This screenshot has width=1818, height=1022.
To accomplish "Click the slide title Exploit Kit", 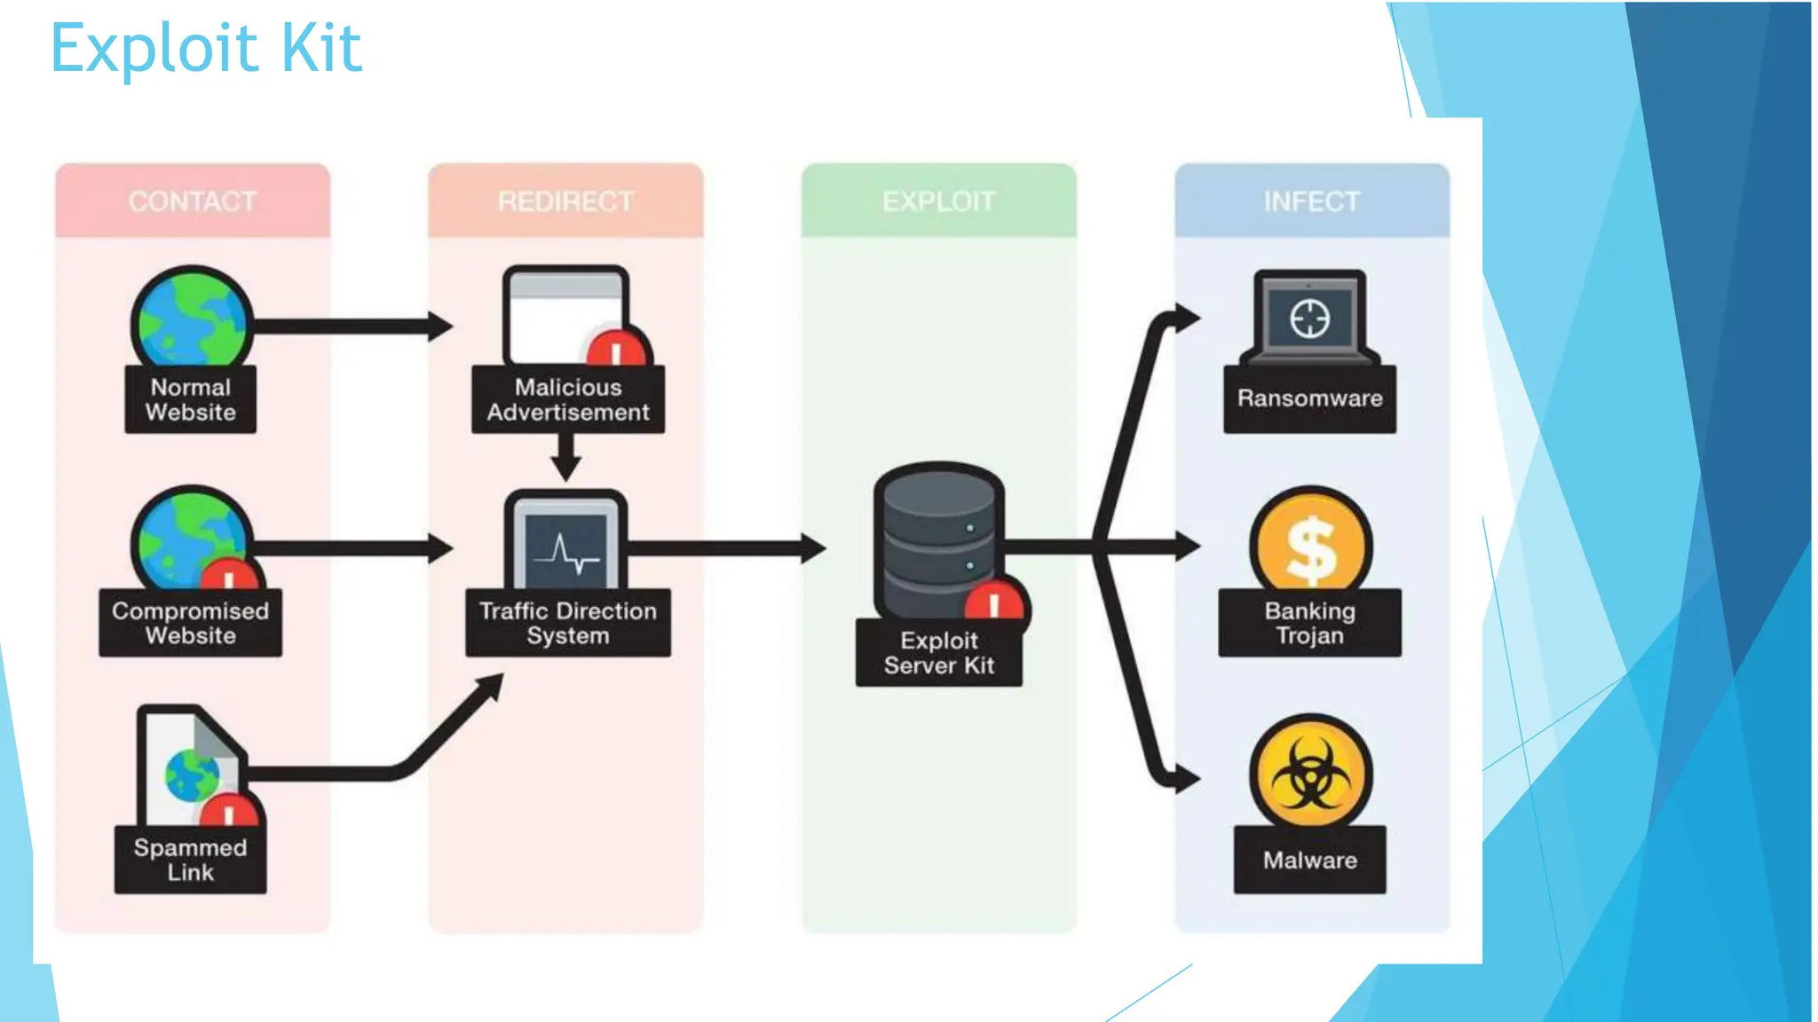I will pyautogui.click(x=206, y=48).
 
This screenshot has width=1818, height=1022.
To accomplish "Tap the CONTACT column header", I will pyautogui.click(x=193, y=201).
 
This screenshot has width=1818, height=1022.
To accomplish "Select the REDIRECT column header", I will pyautogui.click(x=565, y=201).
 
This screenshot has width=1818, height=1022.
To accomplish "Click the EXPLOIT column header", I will pyautogui.click(x=938, y=201).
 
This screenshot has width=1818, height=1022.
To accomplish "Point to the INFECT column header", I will pyautogui.click(x=1311, y=201).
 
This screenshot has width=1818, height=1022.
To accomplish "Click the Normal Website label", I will pyautogui.click(x=191, y=400).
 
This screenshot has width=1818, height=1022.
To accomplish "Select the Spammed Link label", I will pyautogui.click(x=191, y=860).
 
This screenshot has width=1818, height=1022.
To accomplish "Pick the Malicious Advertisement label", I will pyautogui.click(x=568, y=400).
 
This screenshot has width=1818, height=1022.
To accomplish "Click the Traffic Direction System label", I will pyautogui.click(x=568, y=624).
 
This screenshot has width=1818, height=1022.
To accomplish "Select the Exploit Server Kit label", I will pyautogui.click(x=938, y=653).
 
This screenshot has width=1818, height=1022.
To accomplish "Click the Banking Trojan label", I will pyautogui.click(x=1309, y=624).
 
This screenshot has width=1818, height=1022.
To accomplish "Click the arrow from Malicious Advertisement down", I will pyautogui.click(x=566, y=457).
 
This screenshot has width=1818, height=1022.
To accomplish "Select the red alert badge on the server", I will pyautogui.click(x=995, y=604).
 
